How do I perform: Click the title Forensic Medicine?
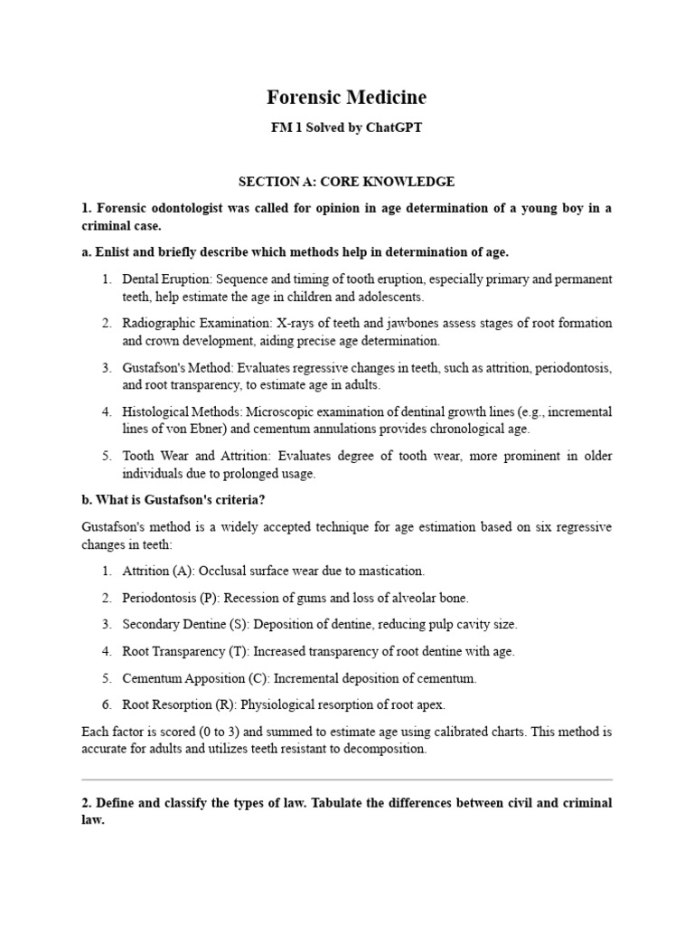(x=346, y=97)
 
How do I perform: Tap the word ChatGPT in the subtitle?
(x=393, y=128)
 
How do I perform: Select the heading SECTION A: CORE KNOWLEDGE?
(x=346, y=181)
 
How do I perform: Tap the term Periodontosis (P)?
(x=171, y=598)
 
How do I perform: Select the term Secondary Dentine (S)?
(x=186, y=624)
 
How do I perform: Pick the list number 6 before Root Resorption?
(x=106, y=704)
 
